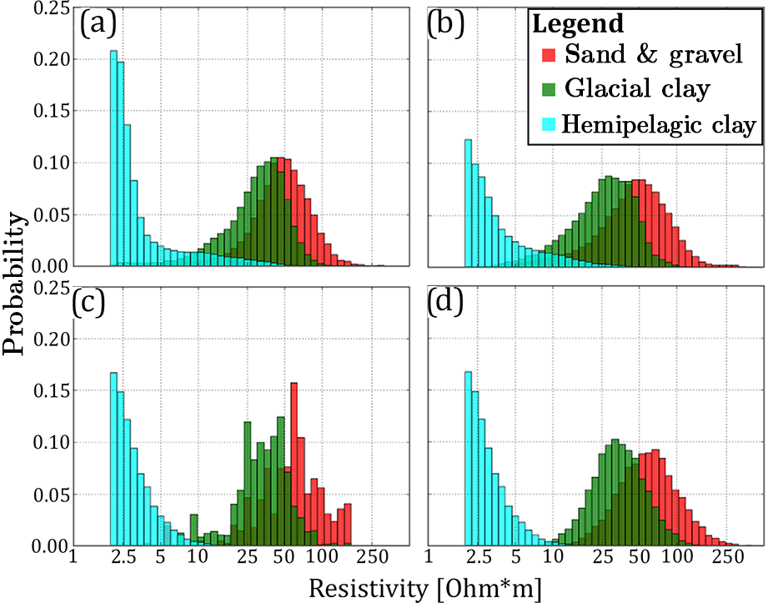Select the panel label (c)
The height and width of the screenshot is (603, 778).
click(x=97, y=304)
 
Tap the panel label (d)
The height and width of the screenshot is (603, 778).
click(x=446, y=304)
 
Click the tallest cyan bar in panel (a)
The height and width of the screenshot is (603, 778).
click(x=113, y=158)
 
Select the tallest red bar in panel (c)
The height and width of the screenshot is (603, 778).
click(x=294, y=464)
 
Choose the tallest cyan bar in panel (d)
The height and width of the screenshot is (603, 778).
click(x=468, y=459)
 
